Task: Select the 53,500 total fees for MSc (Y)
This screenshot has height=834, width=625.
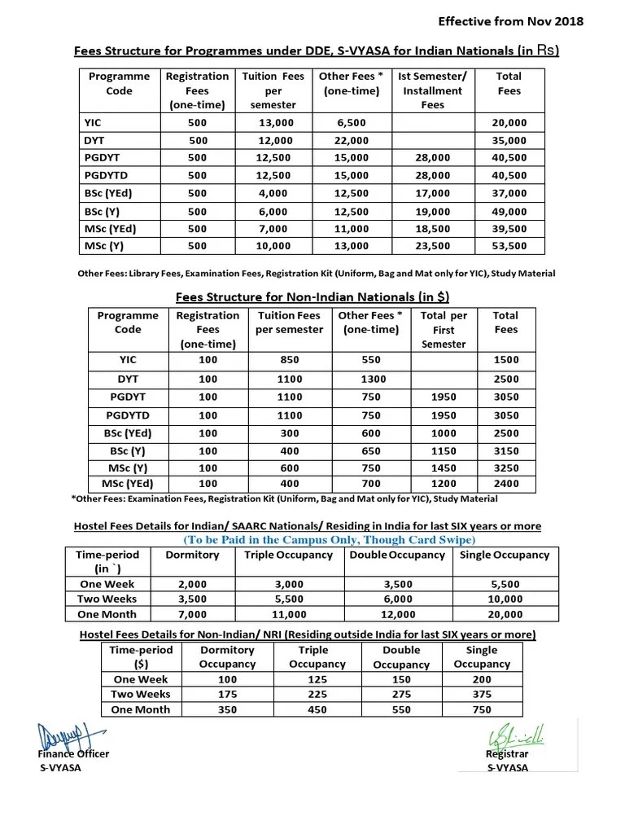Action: click(509, 245)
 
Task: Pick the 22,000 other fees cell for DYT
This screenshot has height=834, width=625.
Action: click(352, 140)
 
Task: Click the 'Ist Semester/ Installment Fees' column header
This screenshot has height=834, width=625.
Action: click(432, 90)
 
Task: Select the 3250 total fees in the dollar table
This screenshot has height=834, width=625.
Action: click(505, 468)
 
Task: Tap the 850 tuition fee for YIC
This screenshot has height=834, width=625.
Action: click(289, 359)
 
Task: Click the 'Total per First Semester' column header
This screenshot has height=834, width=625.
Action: click(444, 329)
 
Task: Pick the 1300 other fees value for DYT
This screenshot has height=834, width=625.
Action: click(370, 379)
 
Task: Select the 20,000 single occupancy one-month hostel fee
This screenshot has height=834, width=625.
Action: click(505, 614)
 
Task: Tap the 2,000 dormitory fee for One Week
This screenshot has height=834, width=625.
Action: click(192, 584)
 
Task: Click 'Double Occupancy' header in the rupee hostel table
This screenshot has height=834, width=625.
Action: click(396, 555)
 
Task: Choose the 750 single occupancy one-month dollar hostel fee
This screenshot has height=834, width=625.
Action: click(481, 709)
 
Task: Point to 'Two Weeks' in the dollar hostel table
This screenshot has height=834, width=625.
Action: click(141, 694)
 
